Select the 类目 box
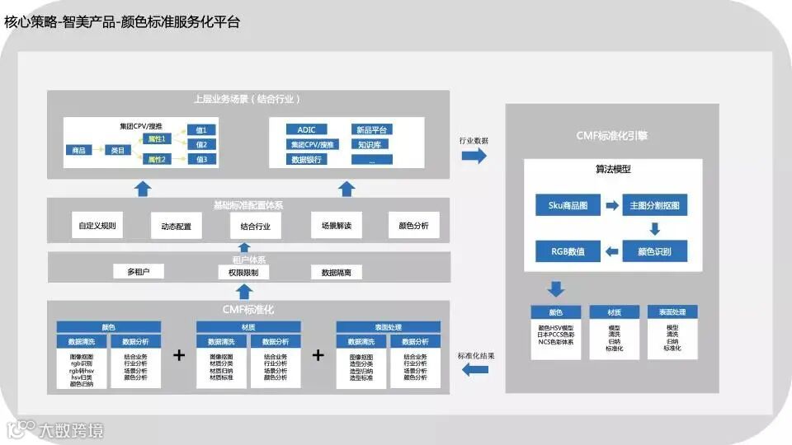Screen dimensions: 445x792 coord(117,150)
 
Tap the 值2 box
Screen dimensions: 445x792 coord(201,144)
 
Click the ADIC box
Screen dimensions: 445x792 coord(307,129)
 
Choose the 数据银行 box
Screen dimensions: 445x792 coord(307,159)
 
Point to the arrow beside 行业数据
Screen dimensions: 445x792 coord(474,157)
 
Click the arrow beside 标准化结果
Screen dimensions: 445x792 coord(474,371)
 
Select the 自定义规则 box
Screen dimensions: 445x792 coord(98,225)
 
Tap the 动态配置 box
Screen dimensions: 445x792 coord(176,226)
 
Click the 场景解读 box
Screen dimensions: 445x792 coord(336,225)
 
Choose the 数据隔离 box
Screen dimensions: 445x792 coord(336,272)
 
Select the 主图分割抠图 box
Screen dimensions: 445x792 coord(659,204)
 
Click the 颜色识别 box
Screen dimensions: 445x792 coord(659,251)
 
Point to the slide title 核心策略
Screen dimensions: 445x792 coord(28,22)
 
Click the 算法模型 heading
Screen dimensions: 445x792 coord(613,169)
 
